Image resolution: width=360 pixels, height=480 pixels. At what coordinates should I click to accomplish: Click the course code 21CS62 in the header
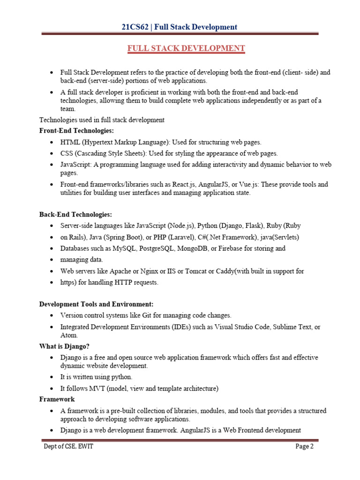click(134, 27)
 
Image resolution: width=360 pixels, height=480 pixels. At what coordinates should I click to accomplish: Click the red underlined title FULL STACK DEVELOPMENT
click(186, 48)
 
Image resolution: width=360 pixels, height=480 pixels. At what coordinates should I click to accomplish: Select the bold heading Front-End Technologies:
click(76, 131)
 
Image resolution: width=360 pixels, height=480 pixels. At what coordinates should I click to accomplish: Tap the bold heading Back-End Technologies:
click(75, 215)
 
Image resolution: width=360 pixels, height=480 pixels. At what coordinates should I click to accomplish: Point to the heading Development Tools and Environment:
click(96, 304)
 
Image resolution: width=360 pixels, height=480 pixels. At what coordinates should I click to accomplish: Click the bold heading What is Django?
click(64, 346)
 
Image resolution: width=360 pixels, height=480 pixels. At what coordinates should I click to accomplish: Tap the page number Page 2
click(304, 447)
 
